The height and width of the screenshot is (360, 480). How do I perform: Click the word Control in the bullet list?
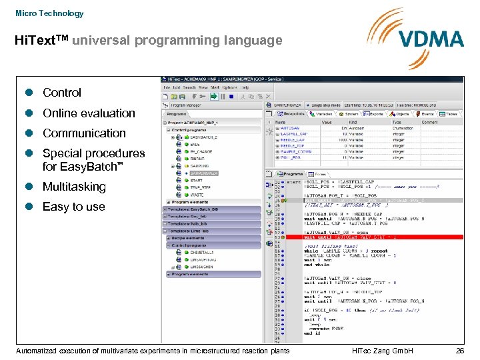(62, 93)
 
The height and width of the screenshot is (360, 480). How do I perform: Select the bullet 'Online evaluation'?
(89, 113)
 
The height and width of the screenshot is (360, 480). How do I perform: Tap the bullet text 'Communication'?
(84, 133)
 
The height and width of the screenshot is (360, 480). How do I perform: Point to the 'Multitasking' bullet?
(74, 187)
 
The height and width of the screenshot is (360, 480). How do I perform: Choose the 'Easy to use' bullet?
(73, 207)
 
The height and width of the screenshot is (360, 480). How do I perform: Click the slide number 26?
(459, 351)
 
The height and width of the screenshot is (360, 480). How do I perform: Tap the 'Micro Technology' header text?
(49, 13)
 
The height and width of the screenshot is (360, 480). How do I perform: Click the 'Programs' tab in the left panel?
(177, 114)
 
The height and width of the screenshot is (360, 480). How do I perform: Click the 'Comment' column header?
(430, 123)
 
